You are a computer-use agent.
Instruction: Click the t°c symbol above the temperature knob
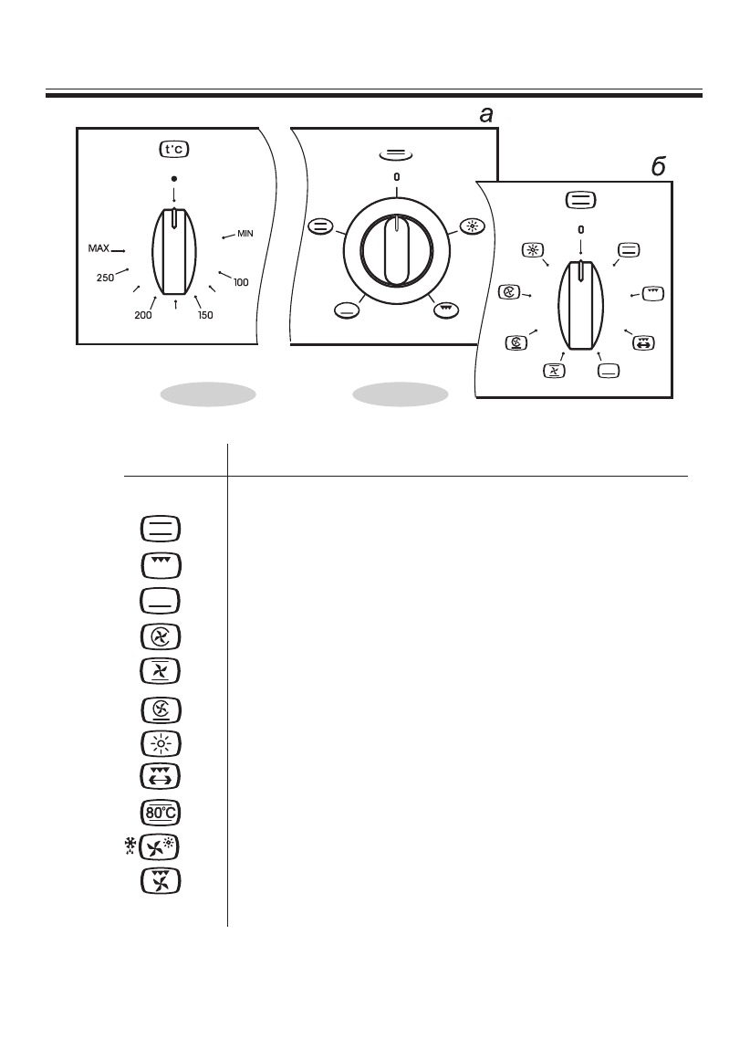pos(174,149)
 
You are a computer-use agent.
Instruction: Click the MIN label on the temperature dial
pos(245,234)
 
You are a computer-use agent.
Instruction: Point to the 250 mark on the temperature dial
pos(107,277)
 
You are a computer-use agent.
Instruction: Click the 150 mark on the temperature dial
pos(206,315)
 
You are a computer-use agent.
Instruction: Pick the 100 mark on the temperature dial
pos(241,283)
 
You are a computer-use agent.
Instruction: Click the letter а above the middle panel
pos(486,114)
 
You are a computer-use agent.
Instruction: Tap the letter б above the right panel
pos(658,168)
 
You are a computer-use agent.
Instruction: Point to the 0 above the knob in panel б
pos(580,231)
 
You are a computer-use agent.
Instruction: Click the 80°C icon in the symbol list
pos(161,812)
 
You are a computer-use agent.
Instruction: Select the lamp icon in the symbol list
pos(161,742)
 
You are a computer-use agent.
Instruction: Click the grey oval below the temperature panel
pos(207,394)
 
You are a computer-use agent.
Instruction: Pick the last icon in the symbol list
pos(161,881)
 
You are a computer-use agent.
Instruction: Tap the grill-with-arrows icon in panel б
pos(644,343)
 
